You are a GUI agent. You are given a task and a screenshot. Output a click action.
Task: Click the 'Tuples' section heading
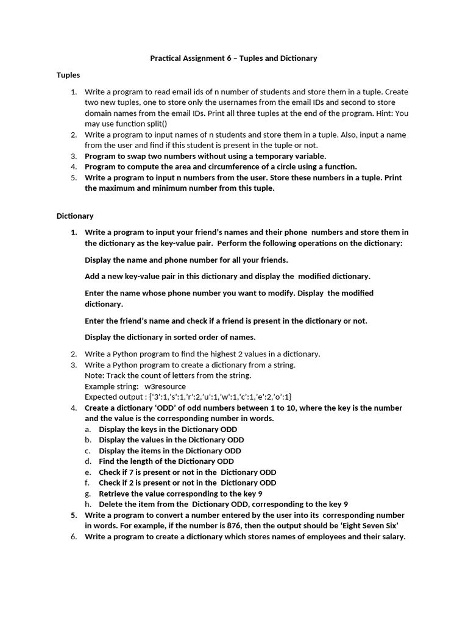pos(68,75)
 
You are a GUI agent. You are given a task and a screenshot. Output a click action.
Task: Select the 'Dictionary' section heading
pos(75,216)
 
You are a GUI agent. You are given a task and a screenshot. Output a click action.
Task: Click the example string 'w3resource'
pos(165,386)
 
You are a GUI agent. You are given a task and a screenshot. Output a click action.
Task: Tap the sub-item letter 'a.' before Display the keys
pos(88,429)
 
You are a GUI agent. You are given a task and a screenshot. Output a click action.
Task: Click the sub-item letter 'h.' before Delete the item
pos(88,504)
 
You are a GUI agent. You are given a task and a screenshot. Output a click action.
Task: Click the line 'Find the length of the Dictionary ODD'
pos(166,461)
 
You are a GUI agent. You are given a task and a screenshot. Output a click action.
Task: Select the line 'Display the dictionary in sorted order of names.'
pos(170,337)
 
